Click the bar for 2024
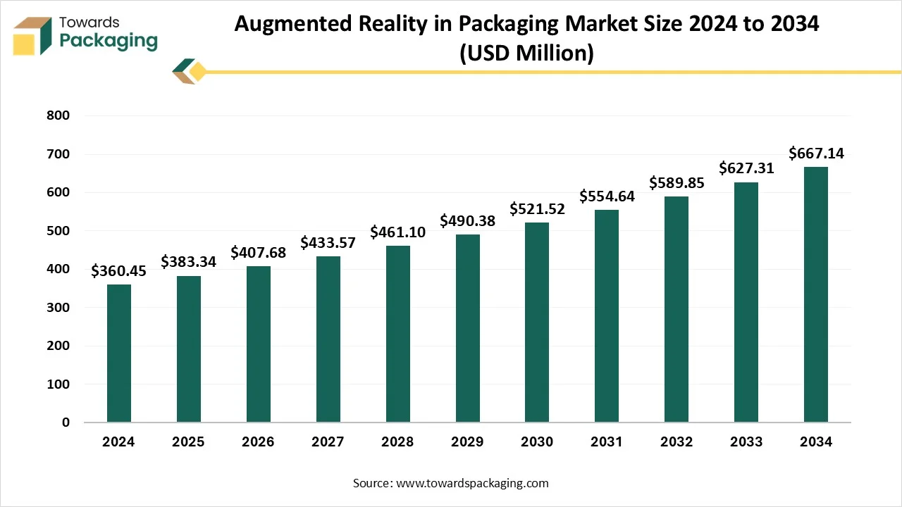point(119,353)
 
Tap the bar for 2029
point(467,328)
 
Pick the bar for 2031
point(607,316)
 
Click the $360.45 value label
point(119,271)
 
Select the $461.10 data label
point(397,232)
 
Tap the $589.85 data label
point(676,183)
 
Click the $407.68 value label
point(259,252)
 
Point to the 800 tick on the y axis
point(58,116)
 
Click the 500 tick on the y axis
point(58,231)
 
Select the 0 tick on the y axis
point(66,423)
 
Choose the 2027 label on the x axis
point(328,442)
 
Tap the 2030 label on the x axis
point(537,442)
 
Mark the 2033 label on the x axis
point(746,442)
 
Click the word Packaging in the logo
point(109,41)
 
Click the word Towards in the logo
point(89,23)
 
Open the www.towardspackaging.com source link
point(472,483)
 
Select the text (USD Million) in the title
point(526,54)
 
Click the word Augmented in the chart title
point(292,24)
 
